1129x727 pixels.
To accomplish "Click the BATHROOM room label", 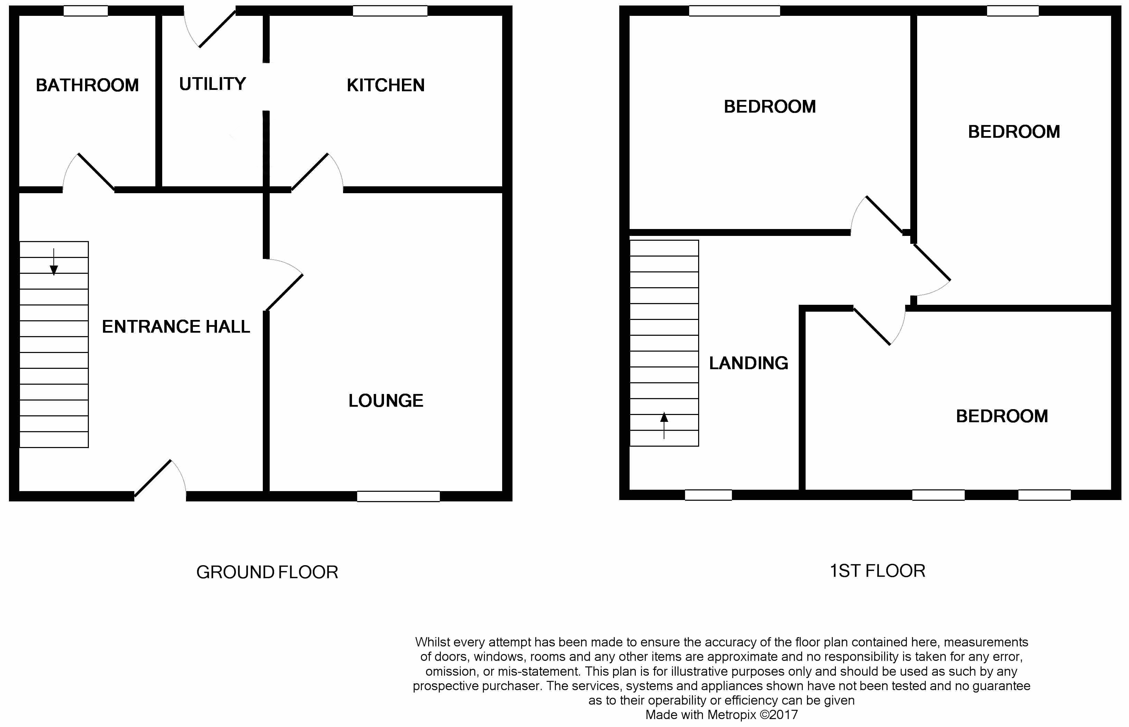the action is (x=87, y=85).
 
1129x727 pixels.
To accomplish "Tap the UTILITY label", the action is (x=213, y=84).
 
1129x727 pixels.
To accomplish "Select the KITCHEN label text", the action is (x=386, y=85).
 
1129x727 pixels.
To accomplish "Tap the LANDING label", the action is (x=748, y=363).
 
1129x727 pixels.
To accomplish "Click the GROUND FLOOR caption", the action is (x=267, y=572).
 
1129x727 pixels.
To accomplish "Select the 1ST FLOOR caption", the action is (x=878, y=571).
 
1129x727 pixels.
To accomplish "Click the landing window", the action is (x=708, y=495).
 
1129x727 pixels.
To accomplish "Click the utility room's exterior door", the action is (x=210, y=28).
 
